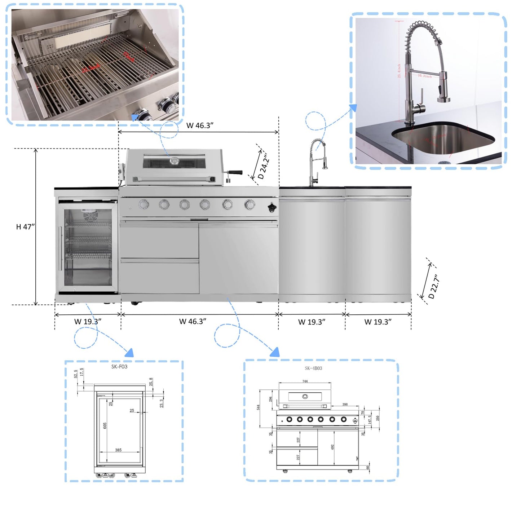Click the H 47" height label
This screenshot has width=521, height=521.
tap(25, 227)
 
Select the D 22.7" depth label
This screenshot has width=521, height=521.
tap(434, 287)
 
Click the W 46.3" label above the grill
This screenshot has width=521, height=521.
tap(200, 125)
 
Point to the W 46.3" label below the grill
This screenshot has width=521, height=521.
tap(193, 321)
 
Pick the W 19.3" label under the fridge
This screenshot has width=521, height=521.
tap(88, 322)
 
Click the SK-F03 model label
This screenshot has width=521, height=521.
tap(119, 367)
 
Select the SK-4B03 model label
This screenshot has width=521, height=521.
tap(313, 368)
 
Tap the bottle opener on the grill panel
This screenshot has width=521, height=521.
tap(271, 207)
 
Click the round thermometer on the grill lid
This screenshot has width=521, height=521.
tap(175, 160)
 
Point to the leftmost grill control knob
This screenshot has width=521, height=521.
tap(144, 205)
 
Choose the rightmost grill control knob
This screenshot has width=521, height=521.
tap(250, 205)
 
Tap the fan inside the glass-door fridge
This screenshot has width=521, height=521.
tap(89, 216)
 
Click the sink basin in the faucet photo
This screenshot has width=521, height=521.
tap(443, 139)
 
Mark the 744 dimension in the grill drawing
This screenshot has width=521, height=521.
tap(305, 381)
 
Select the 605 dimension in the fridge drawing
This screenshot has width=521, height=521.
tap(105, 426)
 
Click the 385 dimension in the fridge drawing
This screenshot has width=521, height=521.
tap(118, 450)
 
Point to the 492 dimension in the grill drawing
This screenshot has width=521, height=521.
tap(332, 447)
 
